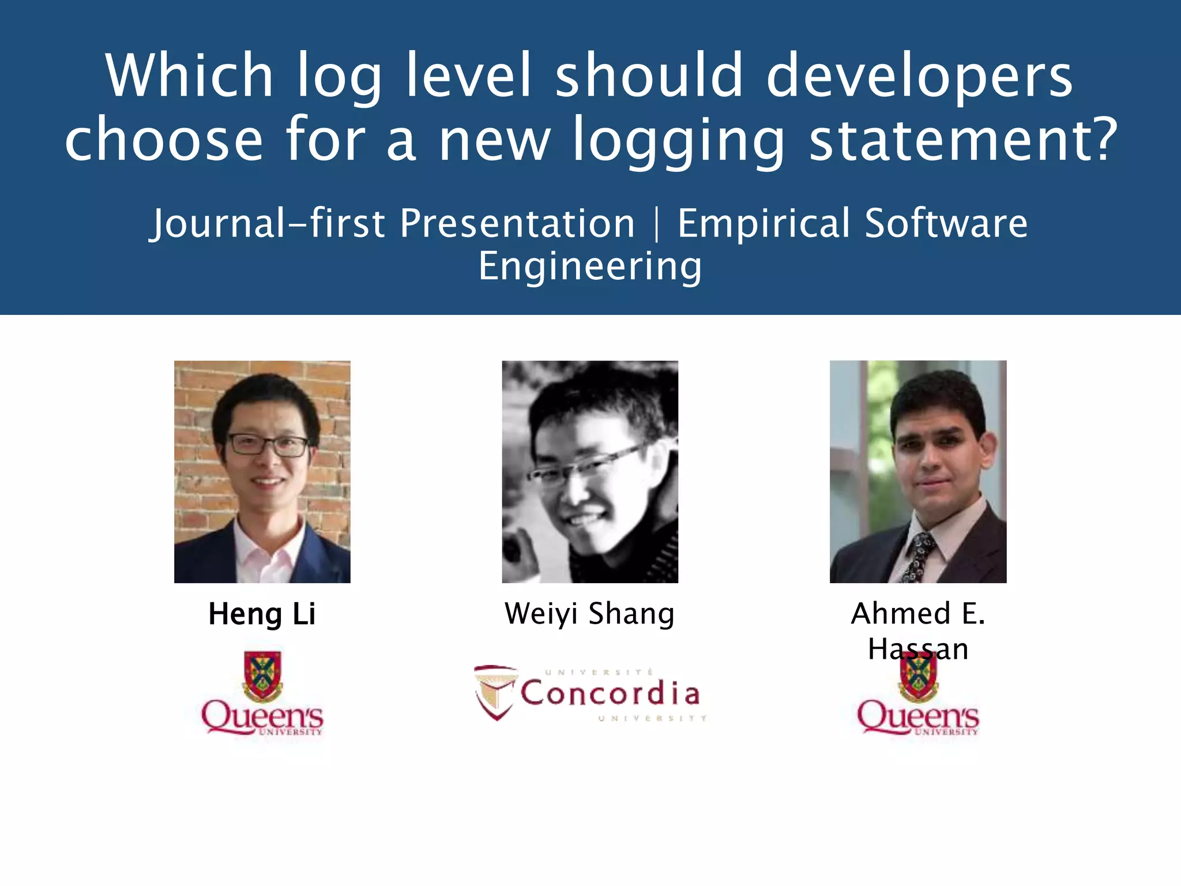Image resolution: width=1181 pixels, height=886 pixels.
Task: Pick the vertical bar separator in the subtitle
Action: [x=657, y=224]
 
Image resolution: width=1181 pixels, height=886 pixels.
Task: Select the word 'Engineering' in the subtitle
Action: [x=590, y=266]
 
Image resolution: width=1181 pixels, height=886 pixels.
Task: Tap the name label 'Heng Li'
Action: [x=262, y=614]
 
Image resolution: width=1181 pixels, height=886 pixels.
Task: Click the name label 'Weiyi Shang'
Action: [x=589, y=614]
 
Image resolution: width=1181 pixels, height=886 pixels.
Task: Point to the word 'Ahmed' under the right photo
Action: [x=901, y=614]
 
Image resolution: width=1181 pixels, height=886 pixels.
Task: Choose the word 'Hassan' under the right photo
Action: [x=918, y=650]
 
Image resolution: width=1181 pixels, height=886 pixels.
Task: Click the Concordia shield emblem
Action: [x=495, y=692]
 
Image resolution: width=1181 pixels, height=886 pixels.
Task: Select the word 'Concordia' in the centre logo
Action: [x=610, y=693]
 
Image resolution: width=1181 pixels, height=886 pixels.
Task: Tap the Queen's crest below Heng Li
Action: [x=262, y=675]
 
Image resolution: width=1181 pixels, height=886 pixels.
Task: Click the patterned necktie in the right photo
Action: [x=917, y=557]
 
